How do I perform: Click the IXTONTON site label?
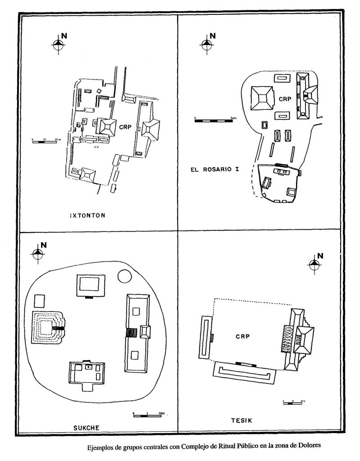click(x=87, y=215)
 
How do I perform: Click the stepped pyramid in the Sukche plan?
click(x=47, y=328)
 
